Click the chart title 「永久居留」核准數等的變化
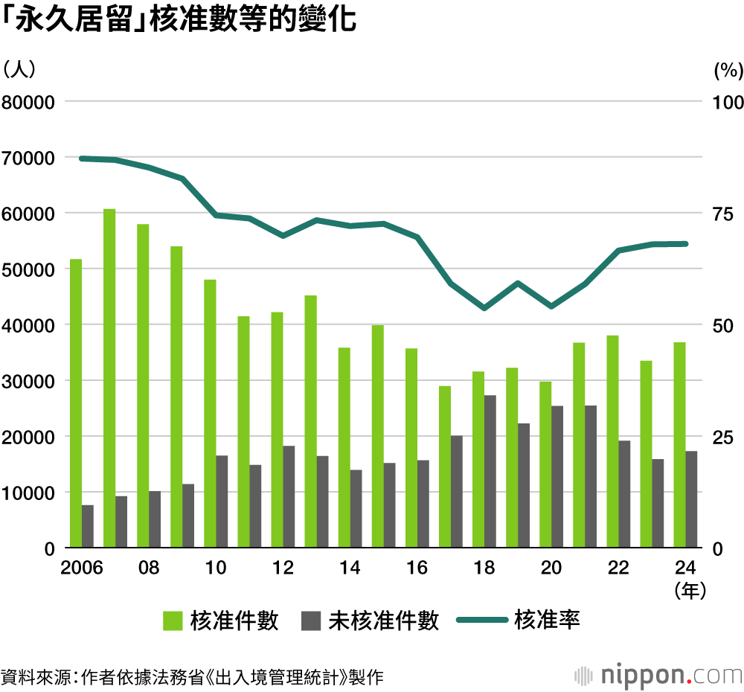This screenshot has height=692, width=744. point(179,21)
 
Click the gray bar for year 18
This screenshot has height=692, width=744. point(490,471)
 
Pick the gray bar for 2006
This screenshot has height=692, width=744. point(88,526)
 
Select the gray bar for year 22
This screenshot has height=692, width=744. point(624,494)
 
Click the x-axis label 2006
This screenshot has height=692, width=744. point(82,568)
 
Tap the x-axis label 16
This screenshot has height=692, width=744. point(417,568)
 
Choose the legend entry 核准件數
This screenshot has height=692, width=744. point(222,621)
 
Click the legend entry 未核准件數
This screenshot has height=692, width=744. point(371,621)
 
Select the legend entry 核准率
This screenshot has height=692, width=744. point(519,620)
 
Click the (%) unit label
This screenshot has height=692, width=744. point(728,71)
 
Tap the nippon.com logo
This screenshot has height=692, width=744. point(659,676)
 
